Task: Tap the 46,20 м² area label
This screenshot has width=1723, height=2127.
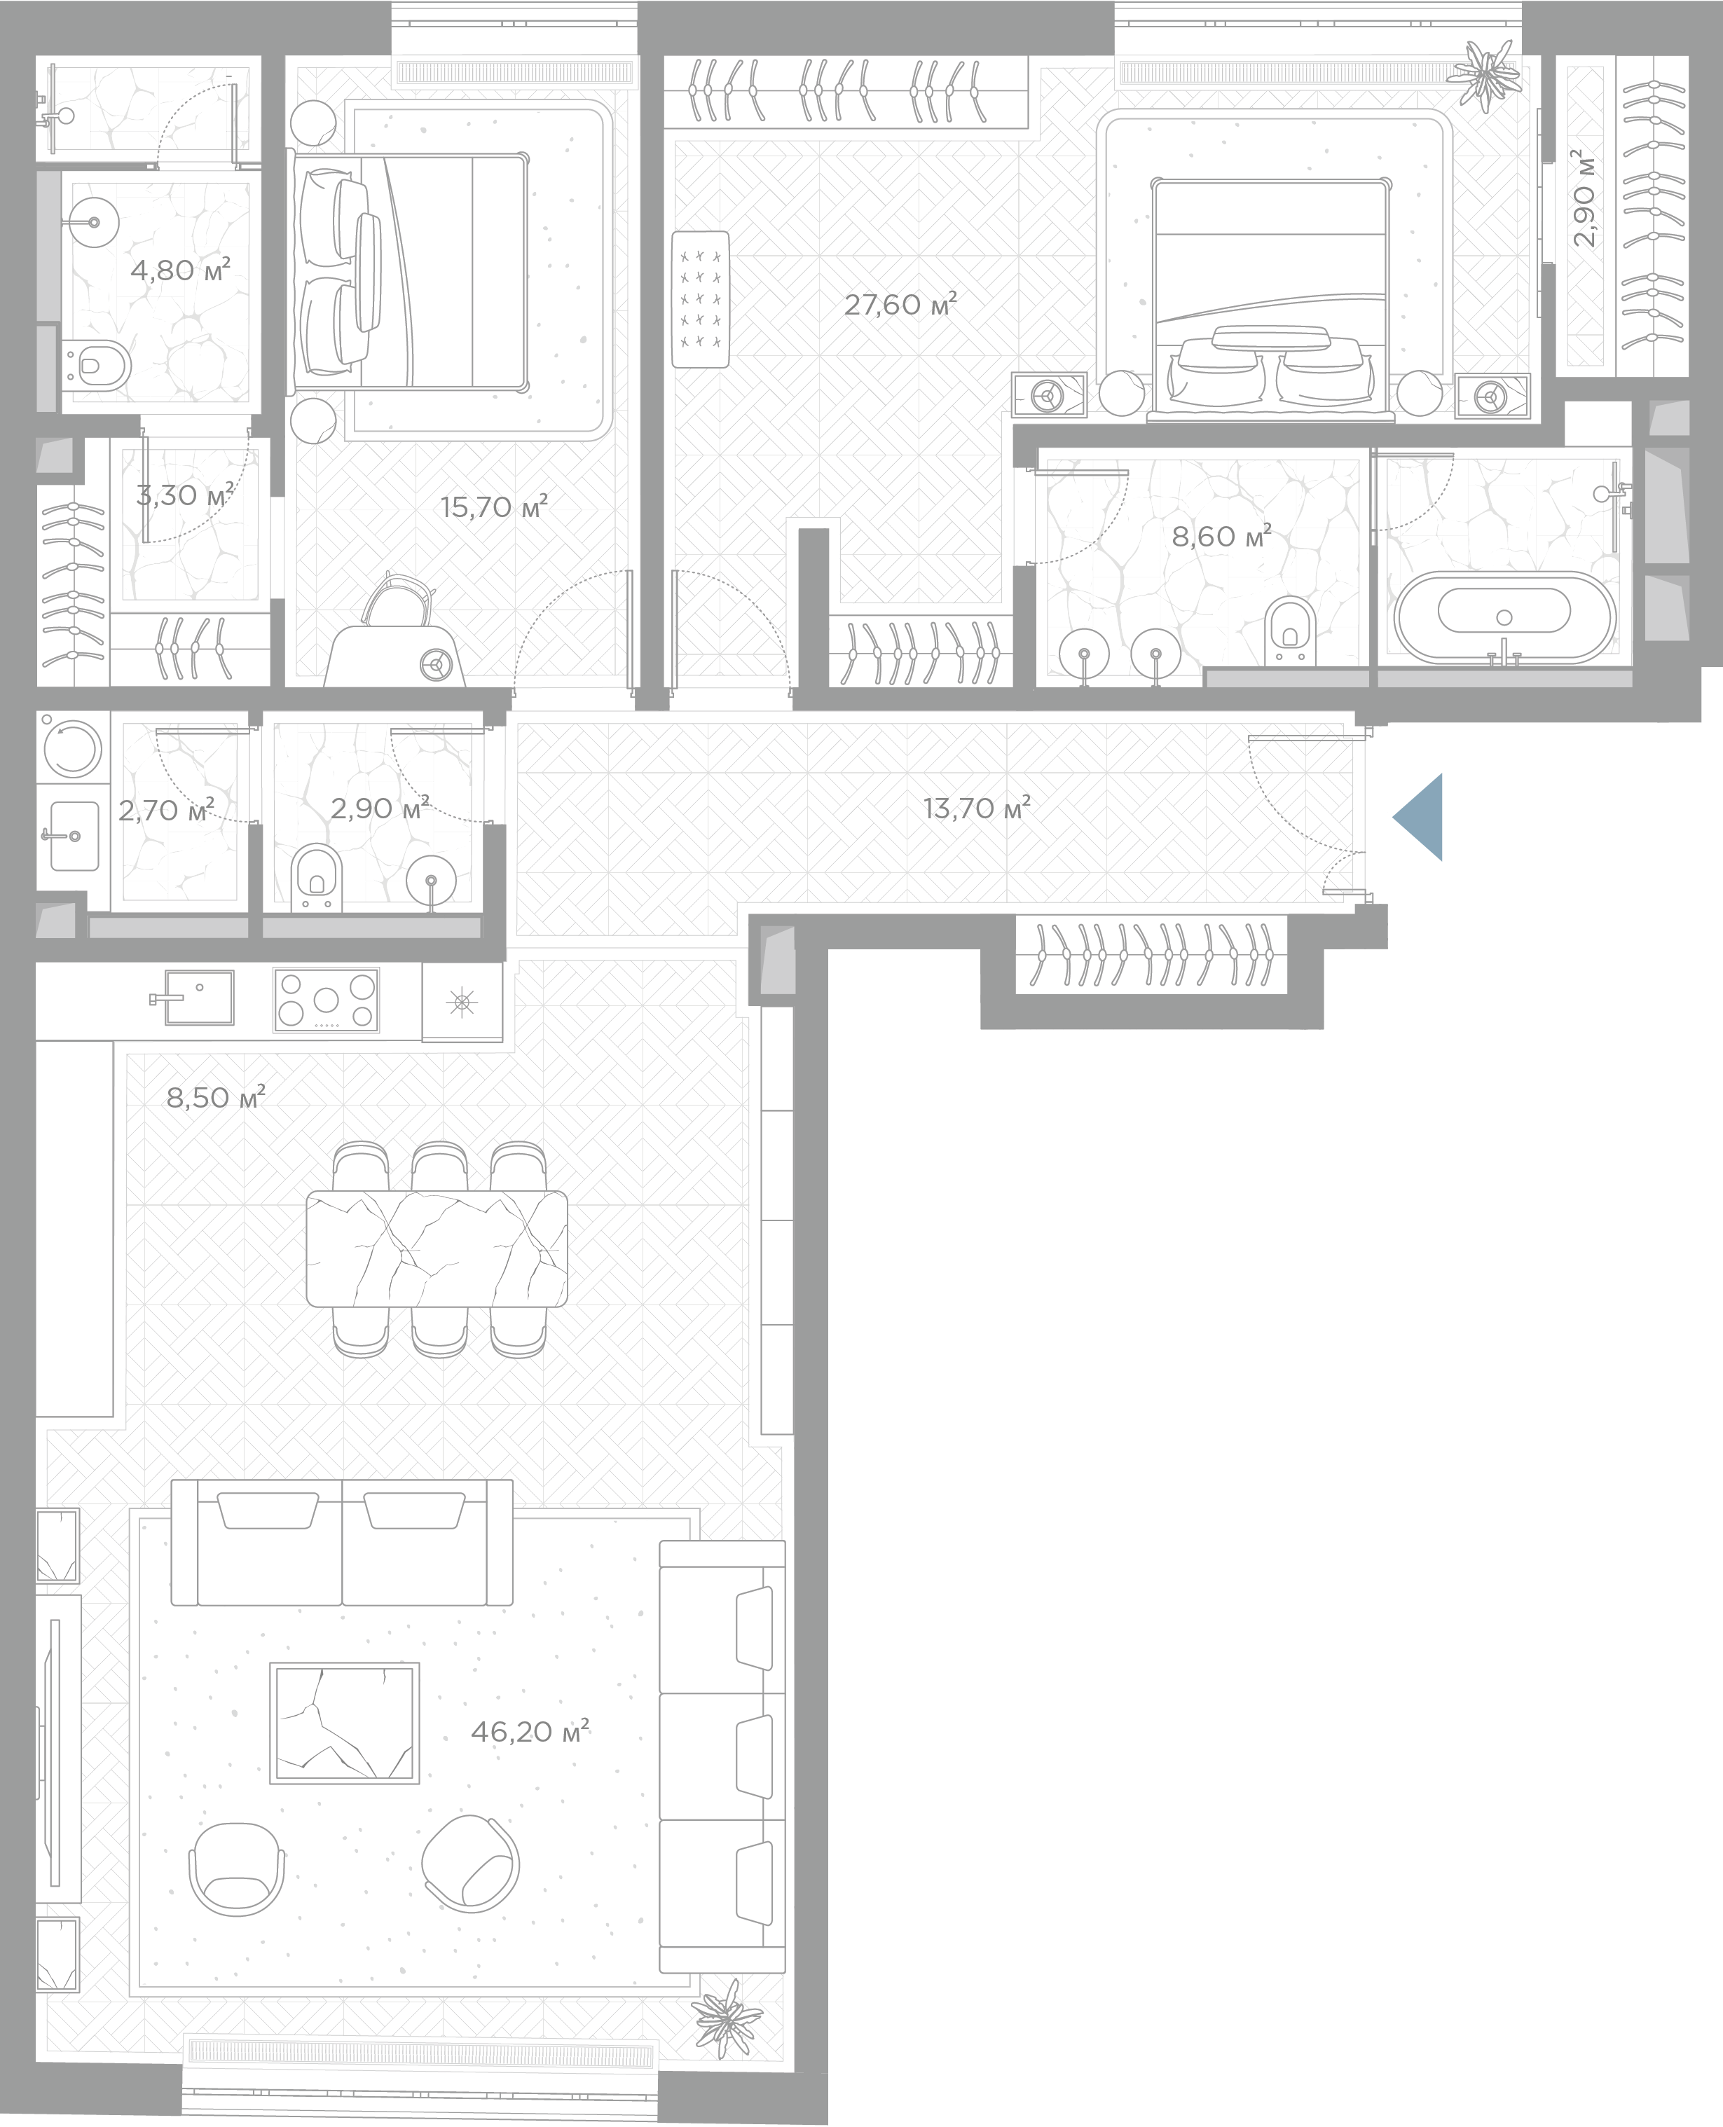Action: click(530, 1732)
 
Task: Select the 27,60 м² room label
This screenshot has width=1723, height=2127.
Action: click(900, 304)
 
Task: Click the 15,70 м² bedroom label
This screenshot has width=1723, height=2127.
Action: click(494, 507)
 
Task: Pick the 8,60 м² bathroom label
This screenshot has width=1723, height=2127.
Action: click(1222, 537)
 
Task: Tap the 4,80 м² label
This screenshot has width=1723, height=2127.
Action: click(181, 269)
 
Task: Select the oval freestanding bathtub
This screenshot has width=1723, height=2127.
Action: click(1504, 617)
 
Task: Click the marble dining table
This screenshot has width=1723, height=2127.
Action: click(437, 1248)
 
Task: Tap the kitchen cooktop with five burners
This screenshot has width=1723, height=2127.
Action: click(327, 1000)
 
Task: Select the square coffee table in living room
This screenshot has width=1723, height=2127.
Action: click(345, 1723)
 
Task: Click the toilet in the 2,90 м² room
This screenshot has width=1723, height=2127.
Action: click(317, 876)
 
